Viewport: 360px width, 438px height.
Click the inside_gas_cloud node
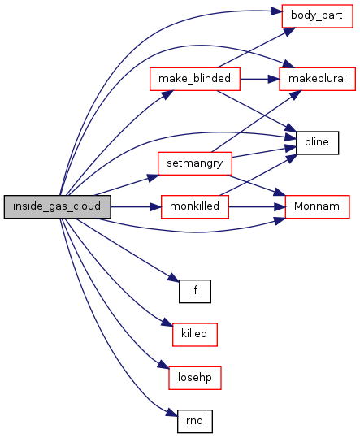57,206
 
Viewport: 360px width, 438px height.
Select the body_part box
317,16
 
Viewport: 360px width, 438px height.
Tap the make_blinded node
195,79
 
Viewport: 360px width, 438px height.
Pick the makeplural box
317,79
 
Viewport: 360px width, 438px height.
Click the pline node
317,143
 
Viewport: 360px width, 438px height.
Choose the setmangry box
195,163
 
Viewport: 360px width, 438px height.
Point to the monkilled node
195,206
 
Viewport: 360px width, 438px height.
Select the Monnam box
317,206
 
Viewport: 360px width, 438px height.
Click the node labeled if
195,291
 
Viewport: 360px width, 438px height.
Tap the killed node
195,335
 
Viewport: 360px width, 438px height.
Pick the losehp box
195,378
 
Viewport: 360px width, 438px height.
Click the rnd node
195,421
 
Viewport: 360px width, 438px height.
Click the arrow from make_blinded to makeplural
260,79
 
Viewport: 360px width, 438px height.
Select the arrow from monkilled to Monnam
257,207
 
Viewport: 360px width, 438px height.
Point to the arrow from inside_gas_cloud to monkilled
136,207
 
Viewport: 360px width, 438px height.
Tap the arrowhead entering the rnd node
172,413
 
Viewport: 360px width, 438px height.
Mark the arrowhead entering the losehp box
164,365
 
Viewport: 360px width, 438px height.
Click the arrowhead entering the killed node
167,322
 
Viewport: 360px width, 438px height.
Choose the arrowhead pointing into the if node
174,278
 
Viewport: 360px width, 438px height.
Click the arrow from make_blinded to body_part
256,47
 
